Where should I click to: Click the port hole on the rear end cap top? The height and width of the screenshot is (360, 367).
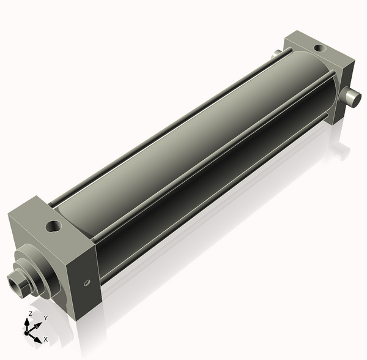[319, 47]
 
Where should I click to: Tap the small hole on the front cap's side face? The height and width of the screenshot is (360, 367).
[86, 282]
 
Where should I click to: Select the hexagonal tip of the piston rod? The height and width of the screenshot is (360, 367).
[18, 283]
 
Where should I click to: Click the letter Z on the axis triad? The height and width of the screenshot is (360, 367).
[30, 313]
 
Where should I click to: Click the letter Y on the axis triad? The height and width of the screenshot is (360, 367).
[46, 318]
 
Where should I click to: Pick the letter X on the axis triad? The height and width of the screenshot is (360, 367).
[46, 339]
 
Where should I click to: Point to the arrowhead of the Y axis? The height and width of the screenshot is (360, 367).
[39, 323]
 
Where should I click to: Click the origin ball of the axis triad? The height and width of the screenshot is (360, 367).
[28, 332]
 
